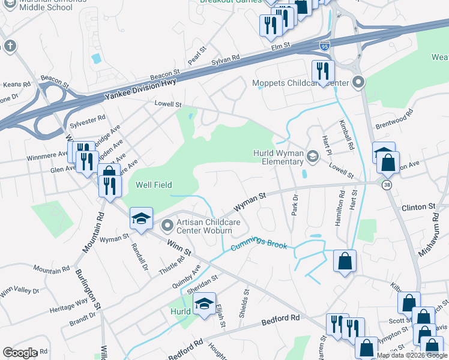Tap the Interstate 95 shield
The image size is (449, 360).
coord(324,46)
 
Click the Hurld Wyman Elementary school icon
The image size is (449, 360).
coord(312,157)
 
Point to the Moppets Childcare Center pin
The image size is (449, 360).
coord(359,82)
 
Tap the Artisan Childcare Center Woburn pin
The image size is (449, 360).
coord(167,226)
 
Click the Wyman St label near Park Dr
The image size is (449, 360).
coord(250,200)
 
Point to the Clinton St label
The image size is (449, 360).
coord(419,206)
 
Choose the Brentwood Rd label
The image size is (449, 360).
coord(394,119)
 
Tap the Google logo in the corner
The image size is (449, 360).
coord(20,352)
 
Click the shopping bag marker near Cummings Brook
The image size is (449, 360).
coord(345,262)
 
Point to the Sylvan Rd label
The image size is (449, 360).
coord(226,61)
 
